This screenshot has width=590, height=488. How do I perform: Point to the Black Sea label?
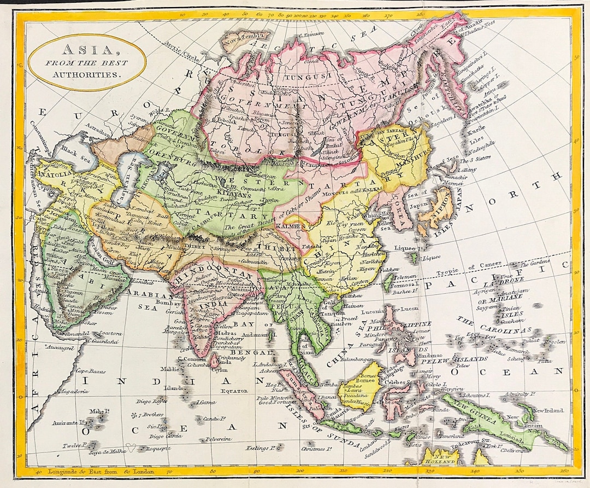(x=72, y=151)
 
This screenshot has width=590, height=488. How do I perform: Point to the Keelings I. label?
(x=260, y=448)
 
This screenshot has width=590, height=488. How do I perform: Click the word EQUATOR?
(x=234, y=391)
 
